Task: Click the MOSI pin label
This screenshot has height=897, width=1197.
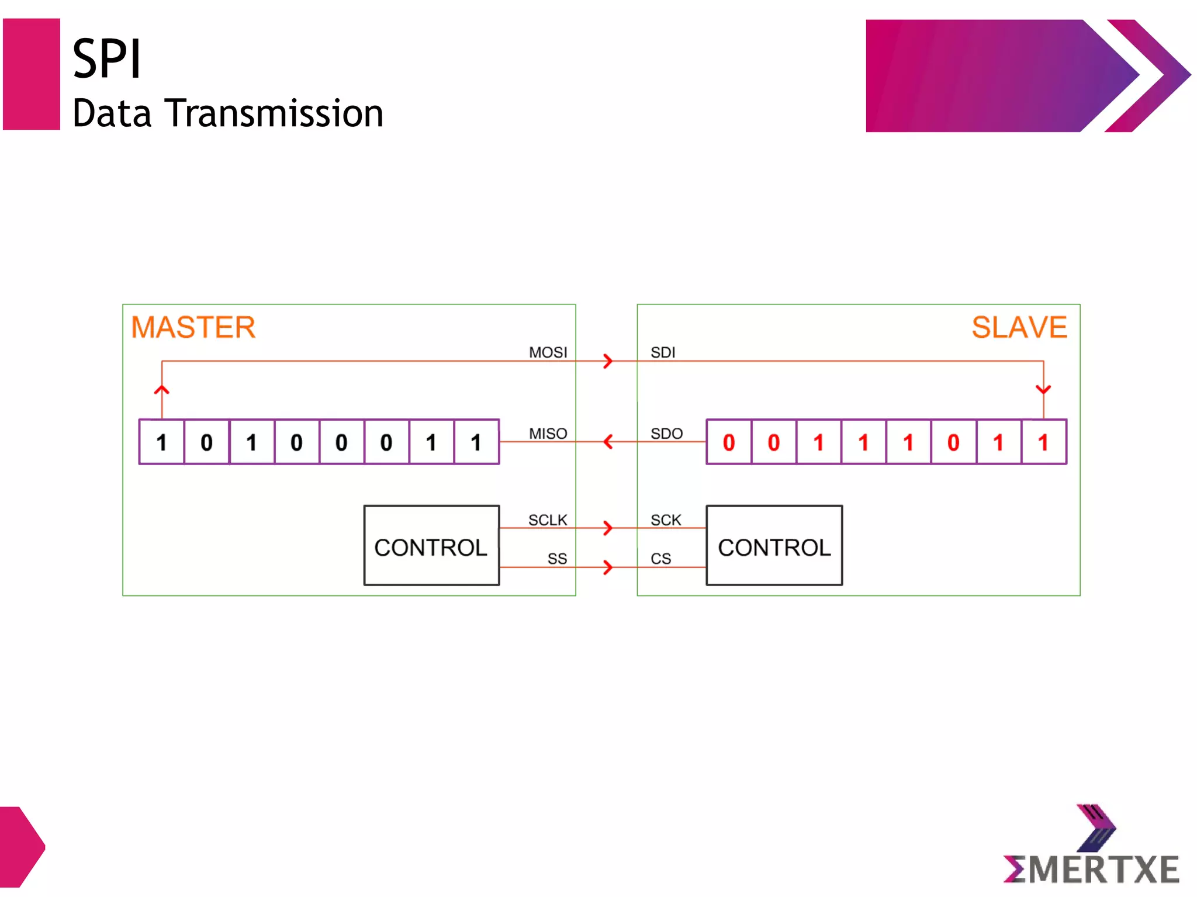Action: [548, 352]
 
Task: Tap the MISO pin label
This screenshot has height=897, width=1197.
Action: [548, 434]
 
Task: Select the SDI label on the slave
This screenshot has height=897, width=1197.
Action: [663, 352]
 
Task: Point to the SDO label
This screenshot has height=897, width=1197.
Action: [666, 434]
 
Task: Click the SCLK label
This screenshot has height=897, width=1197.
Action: [548, 520]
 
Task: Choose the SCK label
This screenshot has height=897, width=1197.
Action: [666, 520]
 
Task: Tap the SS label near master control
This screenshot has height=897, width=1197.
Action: [557, 559]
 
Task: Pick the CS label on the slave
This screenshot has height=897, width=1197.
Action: [660, 559]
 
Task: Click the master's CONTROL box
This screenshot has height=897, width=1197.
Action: [431, 546]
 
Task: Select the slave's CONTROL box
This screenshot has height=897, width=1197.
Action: [774, 546]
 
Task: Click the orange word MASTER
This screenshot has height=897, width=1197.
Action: [193, 327]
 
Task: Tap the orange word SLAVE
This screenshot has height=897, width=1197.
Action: [1019, 327]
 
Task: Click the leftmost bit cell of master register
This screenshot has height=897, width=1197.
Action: [162, 442]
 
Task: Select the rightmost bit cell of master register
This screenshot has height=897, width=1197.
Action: [476, 442]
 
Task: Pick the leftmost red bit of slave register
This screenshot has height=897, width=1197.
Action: [729, 442]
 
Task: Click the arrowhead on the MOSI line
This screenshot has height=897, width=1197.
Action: [608, 361]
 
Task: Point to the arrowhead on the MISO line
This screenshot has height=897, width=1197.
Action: [608, 442]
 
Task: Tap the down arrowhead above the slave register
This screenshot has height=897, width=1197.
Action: [1043, 389]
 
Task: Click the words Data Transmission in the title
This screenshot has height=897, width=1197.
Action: [228, 113]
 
